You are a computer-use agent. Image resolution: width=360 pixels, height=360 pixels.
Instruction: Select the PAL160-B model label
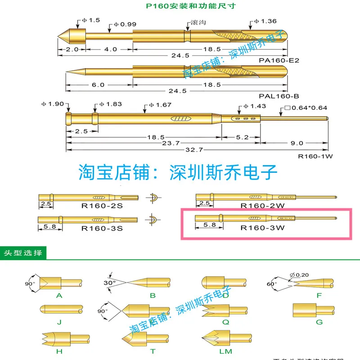(x=279, y=96)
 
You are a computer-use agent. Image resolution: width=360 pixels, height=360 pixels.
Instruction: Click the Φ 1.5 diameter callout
(x=88, y=20)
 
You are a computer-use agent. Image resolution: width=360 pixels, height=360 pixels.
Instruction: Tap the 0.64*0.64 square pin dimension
(x=306, y=108)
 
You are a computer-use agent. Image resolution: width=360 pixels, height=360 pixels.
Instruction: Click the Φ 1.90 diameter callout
(x=54, y=104)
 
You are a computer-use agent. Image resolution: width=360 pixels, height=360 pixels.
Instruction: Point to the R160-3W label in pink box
(x=263, y=228)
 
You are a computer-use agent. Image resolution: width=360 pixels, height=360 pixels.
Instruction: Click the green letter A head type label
(x=59, y=295)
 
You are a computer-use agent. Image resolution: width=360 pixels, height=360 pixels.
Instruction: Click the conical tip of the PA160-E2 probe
(x=64, y=35)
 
